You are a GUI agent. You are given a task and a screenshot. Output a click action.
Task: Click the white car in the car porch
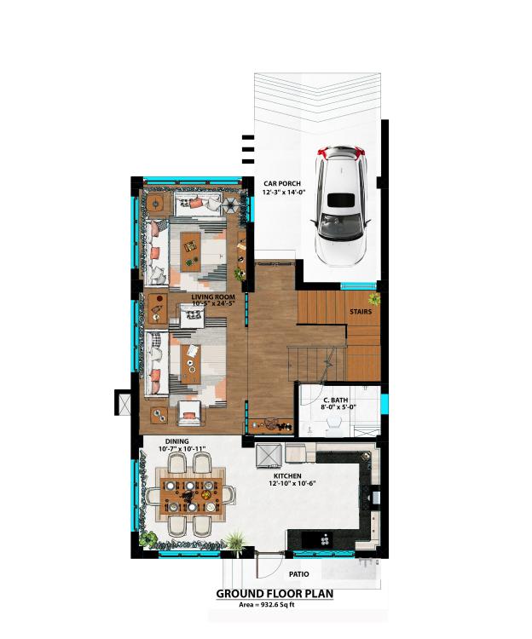click(341, 206)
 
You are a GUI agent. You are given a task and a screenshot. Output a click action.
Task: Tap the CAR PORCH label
click(282, 184)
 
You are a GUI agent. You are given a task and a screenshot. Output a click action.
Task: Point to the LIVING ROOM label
click(213, 297)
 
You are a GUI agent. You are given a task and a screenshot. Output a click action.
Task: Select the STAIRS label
click(361, 312)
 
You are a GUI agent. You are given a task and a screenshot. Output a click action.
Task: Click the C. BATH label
click(336, 400)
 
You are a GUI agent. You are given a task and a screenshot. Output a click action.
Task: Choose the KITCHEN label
click(287, 476)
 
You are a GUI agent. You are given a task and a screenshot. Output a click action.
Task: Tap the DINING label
click(177, 441)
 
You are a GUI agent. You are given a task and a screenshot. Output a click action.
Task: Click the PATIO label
click(298, 574)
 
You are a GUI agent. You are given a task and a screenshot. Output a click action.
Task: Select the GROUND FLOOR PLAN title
click(275, 594)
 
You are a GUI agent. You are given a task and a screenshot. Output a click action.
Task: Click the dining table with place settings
click(191, 496)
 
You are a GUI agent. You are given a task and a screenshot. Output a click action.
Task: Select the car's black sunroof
click(341, 201)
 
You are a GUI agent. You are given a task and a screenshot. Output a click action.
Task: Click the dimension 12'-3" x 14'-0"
click(284, 192)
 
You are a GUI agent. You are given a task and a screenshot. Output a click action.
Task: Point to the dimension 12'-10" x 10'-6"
click(292, 483)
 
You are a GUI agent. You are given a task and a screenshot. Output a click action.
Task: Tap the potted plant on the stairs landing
click(373, 299)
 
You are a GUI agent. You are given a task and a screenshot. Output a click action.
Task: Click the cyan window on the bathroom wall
click(385, 401)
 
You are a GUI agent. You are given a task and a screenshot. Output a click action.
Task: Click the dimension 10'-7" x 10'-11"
click(182, 449)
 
